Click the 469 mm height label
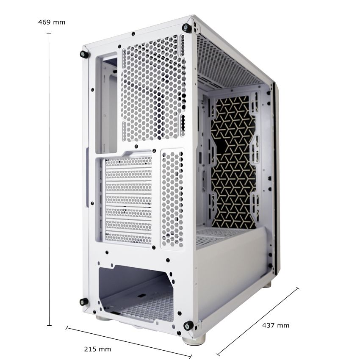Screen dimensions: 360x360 pos(52,22)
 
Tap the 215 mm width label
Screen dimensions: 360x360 pos(97,349)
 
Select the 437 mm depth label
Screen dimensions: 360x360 pos(276,325)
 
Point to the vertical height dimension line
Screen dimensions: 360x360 pos(49,179)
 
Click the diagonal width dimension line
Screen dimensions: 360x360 pos(129,342)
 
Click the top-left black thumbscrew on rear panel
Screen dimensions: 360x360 pos(84,54)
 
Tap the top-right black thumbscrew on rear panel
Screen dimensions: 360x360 pos(186,28)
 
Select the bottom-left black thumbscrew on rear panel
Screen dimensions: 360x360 pos(83,302)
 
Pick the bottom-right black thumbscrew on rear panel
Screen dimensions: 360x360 pos(188,325)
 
